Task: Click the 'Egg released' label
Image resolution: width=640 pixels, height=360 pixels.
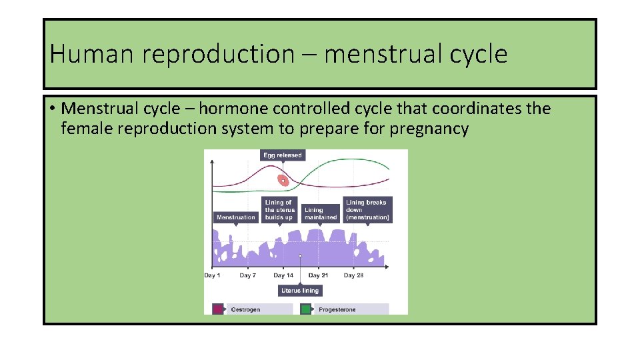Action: pyautogui.click(x=282, y=155)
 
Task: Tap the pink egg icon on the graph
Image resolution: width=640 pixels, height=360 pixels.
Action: pyautogui.click(x=283, y=179)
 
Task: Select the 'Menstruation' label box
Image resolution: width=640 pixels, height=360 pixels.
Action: pyautogui.click(x=235, y=217)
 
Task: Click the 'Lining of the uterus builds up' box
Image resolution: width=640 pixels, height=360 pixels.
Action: pyautogui.click(x=279, y=209)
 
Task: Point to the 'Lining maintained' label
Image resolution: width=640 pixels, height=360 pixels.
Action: pyautogui.click(x=321, y=213)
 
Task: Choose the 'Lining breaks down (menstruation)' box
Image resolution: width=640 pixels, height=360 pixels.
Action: pyautogui.click(x=367, y=209)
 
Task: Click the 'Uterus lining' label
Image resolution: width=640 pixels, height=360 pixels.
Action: pyautogui.click(x=300, y=291)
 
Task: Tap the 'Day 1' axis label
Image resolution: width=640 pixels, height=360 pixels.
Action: pyautogui.click(x=212, y=275)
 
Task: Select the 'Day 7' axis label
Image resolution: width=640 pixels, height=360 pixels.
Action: pyautogui.click(x=247, y=275)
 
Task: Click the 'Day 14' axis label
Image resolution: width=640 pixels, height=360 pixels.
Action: pyautogui.click(x=283, y=275)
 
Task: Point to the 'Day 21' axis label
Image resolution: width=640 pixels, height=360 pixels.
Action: pyautogui.click(x=318, y=275)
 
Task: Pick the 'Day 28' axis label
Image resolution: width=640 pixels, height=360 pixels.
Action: pyautogui.click(x=353, y=275)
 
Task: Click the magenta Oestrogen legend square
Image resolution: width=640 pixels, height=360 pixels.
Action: pyautogui.click(x=217, y=309)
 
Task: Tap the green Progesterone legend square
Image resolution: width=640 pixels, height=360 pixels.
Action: pyautogui.click(x=305, y=309)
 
